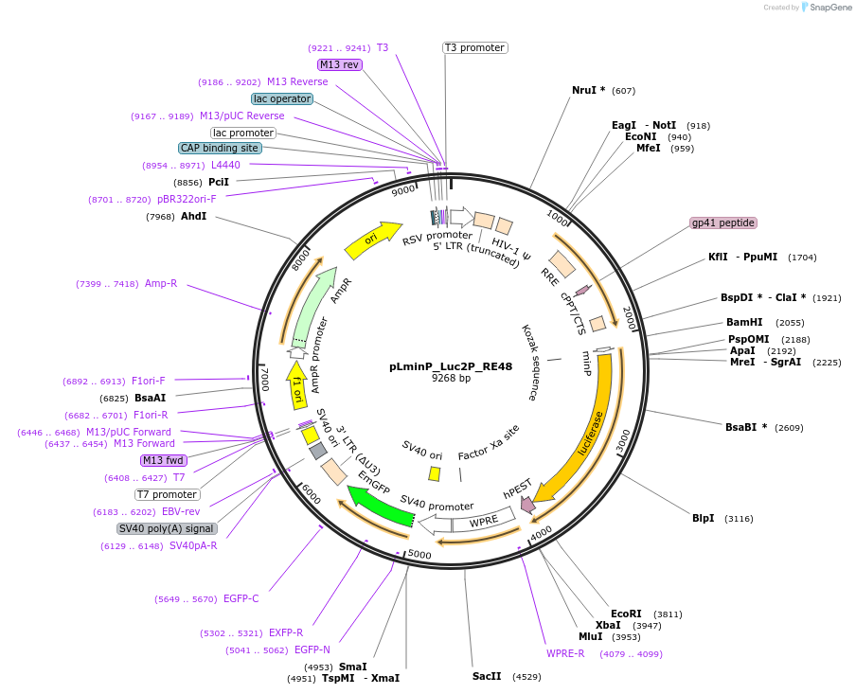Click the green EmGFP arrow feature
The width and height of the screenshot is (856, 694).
pos(380,504)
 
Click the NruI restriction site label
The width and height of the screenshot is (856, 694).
pos(588,90)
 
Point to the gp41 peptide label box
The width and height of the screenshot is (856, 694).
pos(723,223)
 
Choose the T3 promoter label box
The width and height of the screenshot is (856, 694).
pos(474,47)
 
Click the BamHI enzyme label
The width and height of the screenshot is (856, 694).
pos(744,322)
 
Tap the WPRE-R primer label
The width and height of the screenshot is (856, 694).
pos(565,653)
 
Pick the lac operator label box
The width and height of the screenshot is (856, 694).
pos(282,98)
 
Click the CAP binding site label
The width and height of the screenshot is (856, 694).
pos(220,148)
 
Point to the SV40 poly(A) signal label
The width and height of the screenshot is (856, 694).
pos(167,528)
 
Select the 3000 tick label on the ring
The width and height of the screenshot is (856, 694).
pos(622,442)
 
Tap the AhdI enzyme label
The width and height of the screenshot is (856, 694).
pos(193,217)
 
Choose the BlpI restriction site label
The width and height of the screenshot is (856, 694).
pos(704,518)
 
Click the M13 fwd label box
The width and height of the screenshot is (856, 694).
pos(163,460)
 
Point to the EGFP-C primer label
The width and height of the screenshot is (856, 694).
pos(241,598)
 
